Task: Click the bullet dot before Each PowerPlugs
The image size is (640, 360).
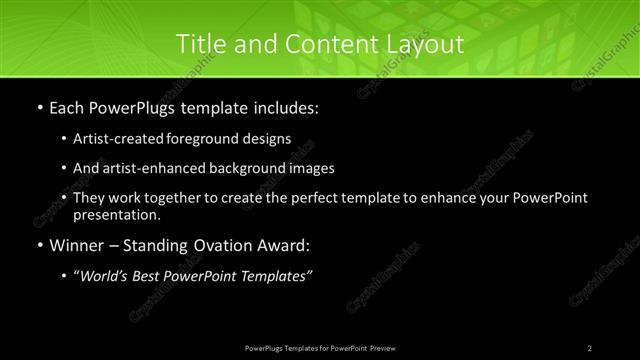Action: pyautogui.click(x=39, y=105)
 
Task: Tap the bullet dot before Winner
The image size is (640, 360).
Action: pyautogui.click(x=39, y=244)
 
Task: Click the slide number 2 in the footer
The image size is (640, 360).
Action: pyautogui.click(x=590, y=347)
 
